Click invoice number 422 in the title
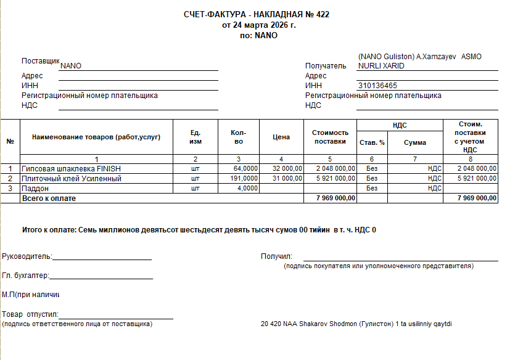323,14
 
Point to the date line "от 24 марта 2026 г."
259,25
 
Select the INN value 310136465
377,86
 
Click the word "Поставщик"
40,61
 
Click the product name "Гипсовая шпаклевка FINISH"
72,168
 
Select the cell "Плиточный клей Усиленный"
72,179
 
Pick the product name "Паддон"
35,189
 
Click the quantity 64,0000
245,168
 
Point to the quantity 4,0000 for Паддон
247,189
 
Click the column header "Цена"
281,137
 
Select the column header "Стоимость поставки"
330,137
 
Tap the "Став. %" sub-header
372,142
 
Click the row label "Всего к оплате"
49,198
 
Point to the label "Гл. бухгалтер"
25,276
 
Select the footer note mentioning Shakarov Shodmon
356,324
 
